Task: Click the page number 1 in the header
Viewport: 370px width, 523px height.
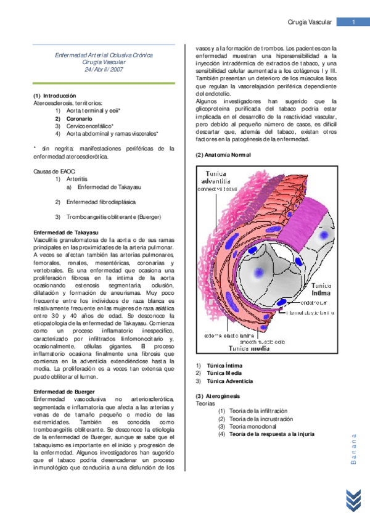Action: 353,23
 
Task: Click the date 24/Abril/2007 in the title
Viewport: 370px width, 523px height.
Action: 104,70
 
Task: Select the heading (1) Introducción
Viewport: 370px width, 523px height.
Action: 55,96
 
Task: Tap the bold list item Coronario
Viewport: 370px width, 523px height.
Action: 79,118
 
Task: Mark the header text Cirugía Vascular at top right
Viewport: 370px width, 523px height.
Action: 310,23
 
